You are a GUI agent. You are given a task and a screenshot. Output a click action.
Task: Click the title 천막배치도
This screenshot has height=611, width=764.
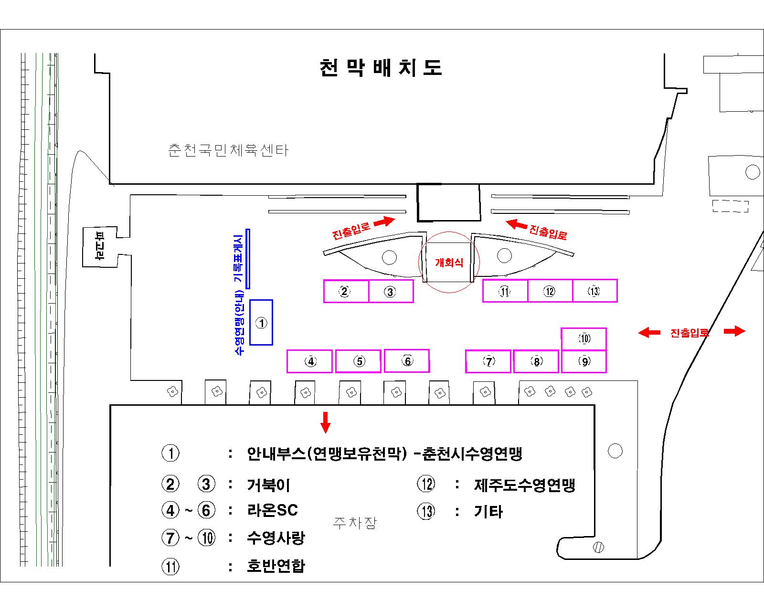click(x=381, y=68)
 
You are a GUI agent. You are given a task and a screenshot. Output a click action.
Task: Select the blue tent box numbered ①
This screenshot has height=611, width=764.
click(x=261, y=323)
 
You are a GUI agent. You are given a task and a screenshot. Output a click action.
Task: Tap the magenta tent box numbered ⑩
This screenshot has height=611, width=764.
click(x=584, y=339)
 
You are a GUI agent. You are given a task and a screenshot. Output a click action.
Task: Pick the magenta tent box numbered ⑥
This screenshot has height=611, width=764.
click(x=407, y=361)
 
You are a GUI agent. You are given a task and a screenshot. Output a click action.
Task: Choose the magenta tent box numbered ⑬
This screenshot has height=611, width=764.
click(x=594, y=291)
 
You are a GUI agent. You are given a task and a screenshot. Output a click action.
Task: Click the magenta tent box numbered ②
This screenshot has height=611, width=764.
click(x=346, y=291)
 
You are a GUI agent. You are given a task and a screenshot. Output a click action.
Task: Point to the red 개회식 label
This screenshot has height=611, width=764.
click(x=449, y=263)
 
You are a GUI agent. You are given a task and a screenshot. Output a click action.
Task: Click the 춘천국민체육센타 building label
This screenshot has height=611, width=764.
click(x=228, y=151)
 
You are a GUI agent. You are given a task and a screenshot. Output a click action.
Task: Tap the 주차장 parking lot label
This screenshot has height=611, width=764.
click(x=354, y=523)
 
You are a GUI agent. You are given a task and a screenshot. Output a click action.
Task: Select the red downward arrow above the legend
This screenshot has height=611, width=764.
click(x=325, y=421)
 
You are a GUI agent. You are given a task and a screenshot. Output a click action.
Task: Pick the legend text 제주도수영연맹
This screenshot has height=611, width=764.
click(x=524, y=485)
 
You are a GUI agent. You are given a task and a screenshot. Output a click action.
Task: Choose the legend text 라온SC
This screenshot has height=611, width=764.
click(x=273, y=510)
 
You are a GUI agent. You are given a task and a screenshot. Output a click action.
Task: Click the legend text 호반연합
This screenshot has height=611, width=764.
click(x=276, y=566)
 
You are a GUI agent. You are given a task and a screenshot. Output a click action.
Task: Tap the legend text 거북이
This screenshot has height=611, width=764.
click(x=269, y=485)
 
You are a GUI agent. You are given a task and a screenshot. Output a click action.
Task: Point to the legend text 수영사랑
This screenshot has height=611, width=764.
click(x=276, y=538)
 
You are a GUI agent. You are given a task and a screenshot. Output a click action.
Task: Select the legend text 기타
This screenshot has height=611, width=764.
click(x=488, y=512)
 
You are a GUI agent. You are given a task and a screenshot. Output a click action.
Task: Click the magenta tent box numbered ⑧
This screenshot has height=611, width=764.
click(x=536, y=361)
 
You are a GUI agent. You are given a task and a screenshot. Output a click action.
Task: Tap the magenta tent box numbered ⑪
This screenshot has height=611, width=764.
click(x=505, y=291)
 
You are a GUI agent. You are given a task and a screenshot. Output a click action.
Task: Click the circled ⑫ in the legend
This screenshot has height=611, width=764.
click(x=426, y=484)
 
